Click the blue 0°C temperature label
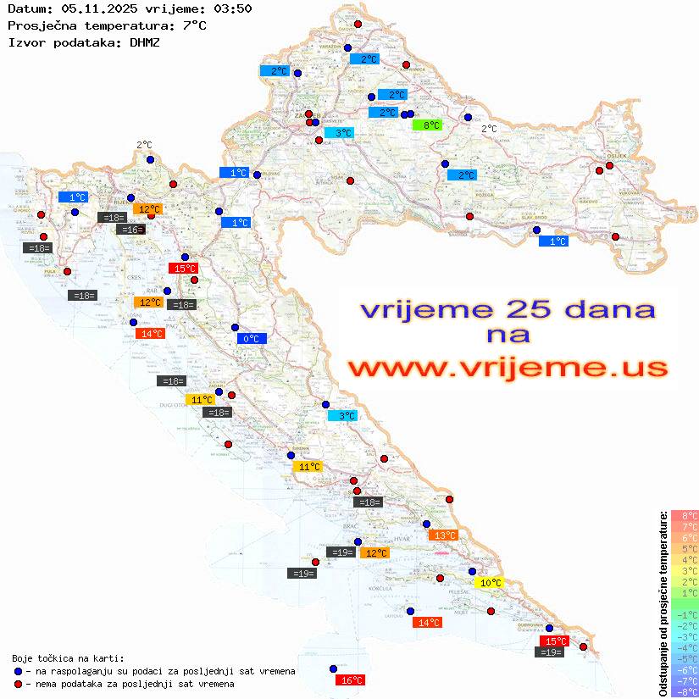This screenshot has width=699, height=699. [252, 339]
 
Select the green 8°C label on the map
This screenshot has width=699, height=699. [427, 125]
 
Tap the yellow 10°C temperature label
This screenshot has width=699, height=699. [491, 583]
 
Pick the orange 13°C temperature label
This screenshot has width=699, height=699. [444, 535]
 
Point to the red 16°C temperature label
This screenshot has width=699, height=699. [350, 680]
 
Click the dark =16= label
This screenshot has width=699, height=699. [130, 230]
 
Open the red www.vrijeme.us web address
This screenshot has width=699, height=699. [508, 368]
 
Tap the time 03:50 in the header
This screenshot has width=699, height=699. [229, 8]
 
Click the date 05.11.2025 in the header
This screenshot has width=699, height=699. [94, 8]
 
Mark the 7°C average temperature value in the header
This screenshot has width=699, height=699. [194, 25]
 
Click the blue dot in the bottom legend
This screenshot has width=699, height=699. [18, 671]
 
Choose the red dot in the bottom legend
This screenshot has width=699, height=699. [18, 684]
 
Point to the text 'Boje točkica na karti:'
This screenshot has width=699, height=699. [68, 658]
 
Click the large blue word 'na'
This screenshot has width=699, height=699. [508, 335]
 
